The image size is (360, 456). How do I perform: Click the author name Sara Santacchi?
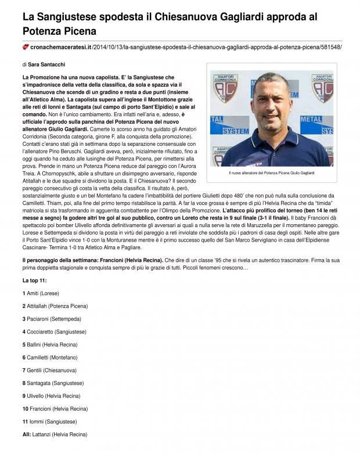(48, 66)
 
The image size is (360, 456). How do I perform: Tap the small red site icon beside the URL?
(26, 46)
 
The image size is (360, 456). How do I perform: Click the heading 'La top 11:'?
(38, 280)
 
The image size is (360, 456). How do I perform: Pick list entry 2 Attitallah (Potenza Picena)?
(55, 306)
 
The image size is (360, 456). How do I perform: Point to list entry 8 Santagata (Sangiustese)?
(53, 383)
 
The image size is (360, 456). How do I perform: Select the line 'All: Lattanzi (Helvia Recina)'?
(55, 434)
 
